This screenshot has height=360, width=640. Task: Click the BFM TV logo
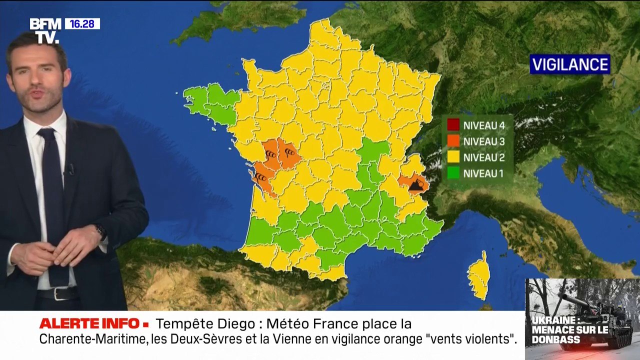click(45, 30)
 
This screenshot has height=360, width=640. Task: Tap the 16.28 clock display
click(82, 23)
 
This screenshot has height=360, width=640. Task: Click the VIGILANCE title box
click(570, 64)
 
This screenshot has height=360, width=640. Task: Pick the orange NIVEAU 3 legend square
click(453, 141)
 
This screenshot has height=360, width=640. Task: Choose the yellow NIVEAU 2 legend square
click(453, 157)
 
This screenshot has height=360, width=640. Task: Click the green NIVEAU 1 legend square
click(453, 173)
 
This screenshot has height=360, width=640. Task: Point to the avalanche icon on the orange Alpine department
click(416, 186)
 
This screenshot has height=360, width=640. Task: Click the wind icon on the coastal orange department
click(260, 177)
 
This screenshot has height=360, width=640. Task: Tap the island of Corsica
click(479, 276)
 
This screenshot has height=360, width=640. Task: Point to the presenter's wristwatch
click(100, 231)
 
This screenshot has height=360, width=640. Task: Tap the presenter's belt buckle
click(59, 293)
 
